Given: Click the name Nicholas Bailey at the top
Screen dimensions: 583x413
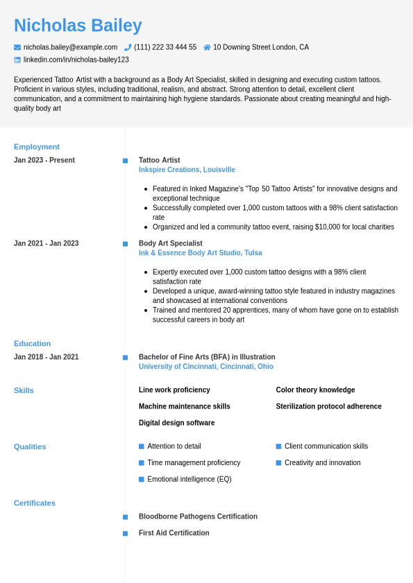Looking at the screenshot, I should (78, 26).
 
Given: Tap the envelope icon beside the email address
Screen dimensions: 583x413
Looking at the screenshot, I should (17, 47).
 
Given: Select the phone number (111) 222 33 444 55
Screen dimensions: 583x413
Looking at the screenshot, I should (165, 47).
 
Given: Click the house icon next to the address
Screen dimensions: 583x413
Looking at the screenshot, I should (207, 47).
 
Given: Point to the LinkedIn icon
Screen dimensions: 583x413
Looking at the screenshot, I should (17, 60).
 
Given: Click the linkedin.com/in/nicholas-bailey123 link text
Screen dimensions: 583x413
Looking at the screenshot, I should (76, 60).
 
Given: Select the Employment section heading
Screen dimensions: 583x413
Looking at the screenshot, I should (37, 147).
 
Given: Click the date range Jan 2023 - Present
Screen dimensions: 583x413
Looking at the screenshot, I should (44, 160).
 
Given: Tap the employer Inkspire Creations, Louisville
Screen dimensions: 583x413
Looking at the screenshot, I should (187, 170).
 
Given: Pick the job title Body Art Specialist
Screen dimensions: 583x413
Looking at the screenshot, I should (171, 243).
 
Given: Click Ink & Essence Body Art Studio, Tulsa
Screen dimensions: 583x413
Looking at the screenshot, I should (200, 253).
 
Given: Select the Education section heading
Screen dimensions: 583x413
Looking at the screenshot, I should (32, 344).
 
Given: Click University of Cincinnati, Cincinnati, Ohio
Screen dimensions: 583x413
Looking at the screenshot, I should (206, 367).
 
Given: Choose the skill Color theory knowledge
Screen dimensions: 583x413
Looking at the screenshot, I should (315, 390).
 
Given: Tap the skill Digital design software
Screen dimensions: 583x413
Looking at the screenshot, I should (176, 423).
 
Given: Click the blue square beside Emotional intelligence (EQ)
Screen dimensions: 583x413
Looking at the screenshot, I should (142, 479).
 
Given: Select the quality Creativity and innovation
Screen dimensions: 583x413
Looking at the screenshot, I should (323, 462).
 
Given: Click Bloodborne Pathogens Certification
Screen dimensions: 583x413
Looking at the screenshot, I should (198, 516).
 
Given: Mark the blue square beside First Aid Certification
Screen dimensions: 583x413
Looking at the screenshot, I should (125, 533).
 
